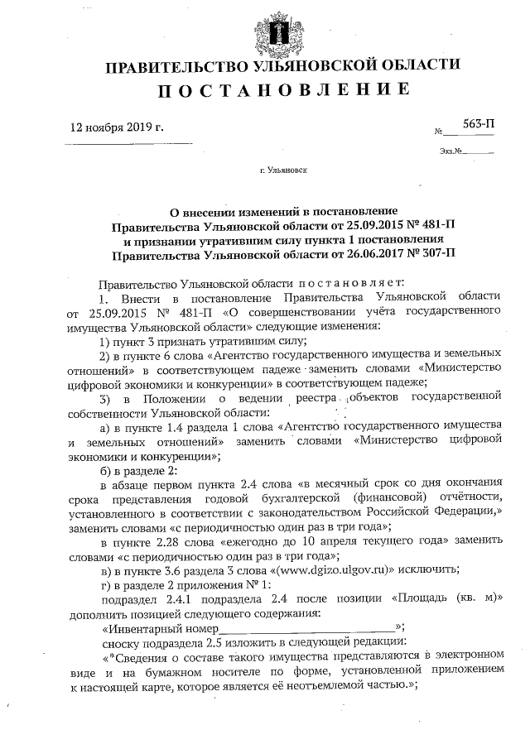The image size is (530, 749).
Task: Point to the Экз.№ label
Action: click(452, 151)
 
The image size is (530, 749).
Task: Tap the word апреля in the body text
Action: click(333, 541)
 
